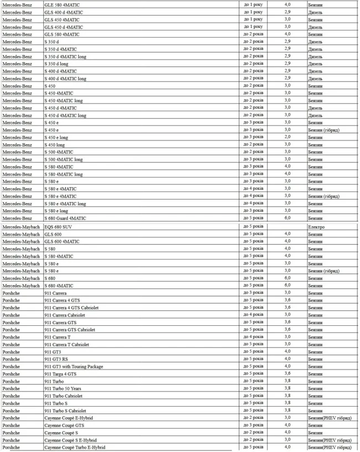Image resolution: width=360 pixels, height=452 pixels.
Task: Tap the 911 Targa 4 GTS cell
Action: tap(61, 373)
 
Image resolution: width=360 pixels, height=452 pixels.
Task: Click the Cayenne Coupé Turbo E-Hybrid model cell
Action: tap(74, 447)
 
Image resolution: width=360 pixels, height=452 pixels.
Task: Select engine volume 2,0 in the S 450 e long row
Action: tap(287, 137)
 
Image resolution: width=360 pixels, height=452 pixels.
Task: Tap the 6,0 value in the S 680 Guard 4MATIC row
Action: tap(287, 218)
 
